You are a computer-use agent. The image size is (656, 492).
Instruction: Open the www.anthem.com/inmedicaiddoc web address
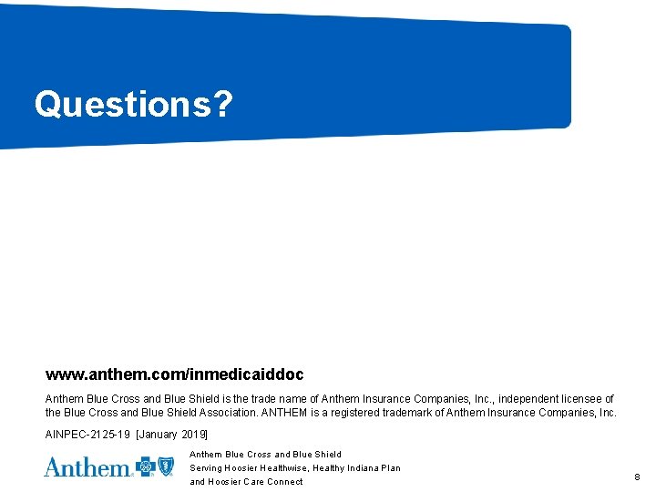point(175,374)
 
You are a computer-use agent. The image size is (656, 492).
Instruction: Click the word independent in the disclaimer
point(528,398)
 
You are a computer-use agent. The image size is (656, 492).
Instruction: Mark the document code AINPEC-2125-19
point(87,435)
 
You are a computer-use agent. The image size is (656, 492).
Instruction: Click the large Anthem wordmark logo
point(87,467)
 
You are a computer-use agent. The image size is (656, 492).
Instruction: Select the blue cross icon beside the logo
point(146,467)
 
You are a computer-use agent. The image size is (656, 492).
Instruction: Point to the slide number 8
point(637,477)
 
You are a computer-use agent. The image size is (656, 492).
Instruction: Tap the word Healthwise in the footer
point(282,468)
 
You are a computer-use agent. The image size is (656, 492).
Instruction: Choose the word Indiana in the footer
point(361,468)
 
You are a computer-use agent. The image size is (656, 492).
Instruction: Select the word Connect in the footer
point(285,482)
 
